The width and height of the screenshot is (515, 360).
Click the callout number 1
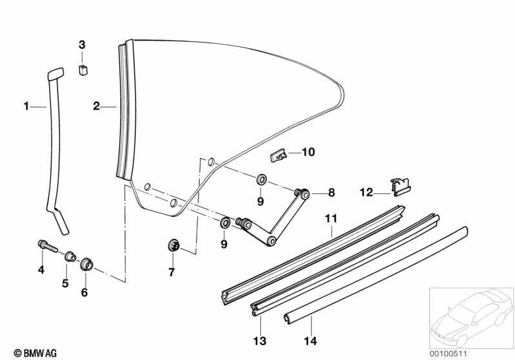tap(26, 106)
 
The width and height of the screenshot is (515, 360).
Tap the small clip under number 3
tap(83, 70)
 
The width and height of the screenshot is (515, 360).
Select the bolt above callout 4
tap(48, 246)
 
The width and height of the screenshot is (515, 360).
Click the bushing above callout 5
tap(70, 256)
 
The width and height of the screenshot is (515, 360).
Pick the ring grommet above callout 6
tap(87, 264)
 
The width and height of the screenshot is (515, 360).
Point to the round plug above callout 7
tap(173, 245)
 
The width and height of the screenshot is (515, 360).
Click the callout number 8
tap(331, 193)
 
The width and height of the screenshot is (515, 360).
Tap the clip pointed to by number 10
tap(278, 155)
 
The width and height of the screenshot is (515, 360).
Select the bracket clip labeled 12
tap(401, 187)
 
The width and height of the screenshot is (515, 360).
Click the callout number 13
tap(260, 341)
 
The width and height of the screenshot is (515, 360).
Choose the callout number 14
tap(310, 341)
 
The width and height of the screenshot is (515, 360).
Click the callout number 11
tap(331, 218)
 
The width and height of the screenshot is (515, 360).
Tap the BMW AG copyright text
tap(35, 353)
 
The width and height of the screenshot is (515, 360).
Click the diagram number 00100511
tap(449, 354)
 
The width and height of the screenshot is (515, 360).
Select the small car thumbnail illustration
tap(471, 317)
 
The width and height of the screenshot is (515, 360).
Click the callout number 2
tap(96, 106)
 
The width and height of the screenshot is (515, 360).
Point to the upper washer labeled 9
tap(262, 180)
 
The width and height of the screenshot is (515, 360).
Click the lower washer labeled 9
tap(225, 223)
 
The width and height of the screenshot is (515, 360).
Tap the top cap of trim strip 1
tap(56, 74)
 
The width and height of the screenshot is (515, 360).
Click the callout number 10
tap(308, 152)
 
